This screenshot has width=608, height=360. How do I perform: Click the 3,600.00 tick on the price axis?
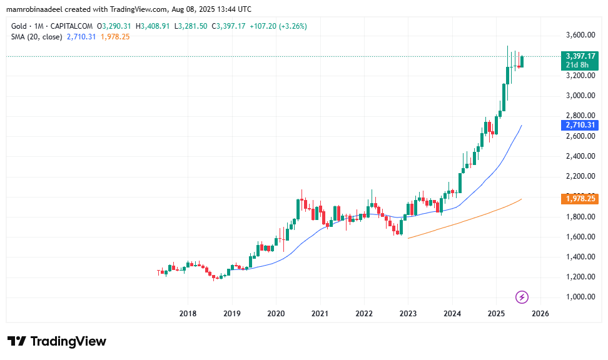[x=579, y=35]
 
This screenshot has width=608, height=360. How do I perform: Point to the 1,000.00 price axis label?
[x=579, y=297]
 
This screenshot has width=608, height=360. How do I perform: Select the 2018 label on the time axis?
[x=188, y=313]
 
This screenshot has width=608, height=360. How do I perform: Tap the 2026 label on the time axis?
[x=540, y=313]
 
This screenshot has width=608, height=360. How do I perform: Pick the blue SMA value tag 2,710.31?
[x=579, y=125]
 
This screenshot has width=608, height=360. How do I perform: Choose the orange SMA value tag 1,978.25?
[x=579, y=199]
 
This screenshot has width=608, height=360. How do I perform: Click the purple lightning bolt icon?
[x=522, y=297]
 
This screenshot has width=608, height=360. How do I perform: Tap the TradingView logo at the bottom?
[x=57, y=341]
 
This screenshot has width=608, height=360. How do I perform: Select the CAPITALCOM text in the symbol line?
[x=71, y=26]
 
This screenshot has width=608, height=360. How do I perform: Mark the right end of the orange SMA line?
[x=522, y=199]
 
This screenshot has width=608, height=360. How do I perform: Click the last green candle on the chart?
[x=522, y=61]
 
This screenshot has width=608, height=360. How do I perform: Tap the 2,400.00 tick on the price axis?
[x=579, y=156]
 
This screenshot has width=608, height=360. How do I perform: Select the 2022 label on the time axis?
[x=364, y=313]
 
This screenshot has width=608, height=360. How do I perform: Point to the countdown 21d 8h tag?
[x=577, y=65]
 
